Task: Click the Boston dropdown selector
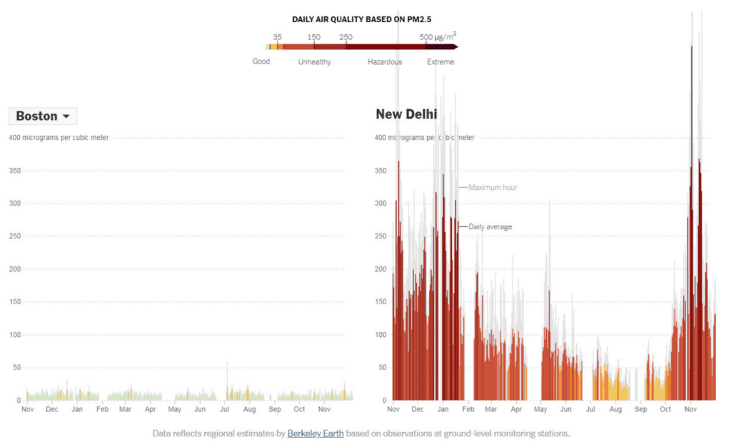(x=43, y=116)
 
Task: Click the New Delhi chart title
(x=406, y=114)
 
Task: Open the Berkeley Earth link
(x=315, y=433)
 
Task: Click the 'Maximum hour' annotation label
(x=493, y=188)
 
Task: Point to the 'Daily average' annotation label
(x=490, y=227)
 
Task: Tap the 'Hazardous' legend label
(x=385, y=62)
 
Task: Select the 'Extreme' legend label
(x=440, y=62)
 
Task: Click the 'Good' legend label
(x=261, y=61)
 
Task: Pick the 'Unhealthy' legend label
(x=315, y=62)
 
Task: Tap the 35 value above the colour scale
(x=277, y=37)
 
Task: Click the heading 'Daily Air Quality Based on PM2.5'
(x=361, y=19)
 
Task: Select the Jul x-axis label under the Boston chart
(x=224, y=410)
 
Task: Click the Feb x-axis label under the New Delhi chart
(x=468, y=410)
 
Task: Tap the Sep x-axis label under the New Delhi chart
(x=640, y=410)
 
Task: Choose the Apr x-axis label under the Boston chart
(x=150, y=410)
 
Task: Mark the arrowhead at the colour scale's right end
(x=455, y=47)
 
